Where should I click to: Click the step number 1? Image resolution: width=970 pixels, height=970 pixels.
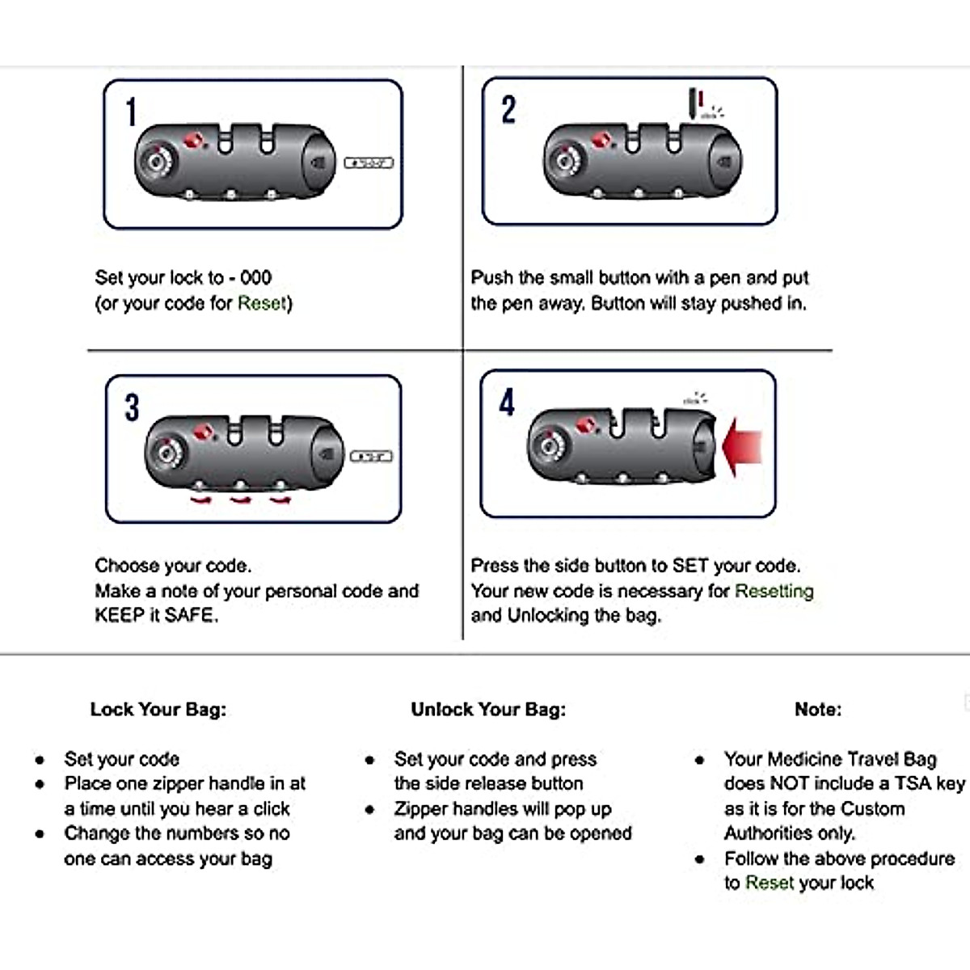click(x=131, y=112)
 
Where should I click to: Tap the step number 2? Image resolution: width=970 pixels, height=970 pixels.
click(x=508, y=110)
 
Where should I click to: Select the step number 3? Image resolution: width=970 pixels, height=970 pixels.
click(x=132, y=407)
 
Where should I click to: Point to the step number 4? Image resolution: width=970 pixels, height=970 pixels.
click(x=507, y=402)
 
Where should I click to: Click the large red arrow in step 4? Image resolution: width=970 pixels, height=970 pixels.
click(x=743, y=447)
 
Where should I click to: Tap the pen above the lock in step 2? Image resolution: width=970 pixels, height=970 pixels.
click(x=694, y=103)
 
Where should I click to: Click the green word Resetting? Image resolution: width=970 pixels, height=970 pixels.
click(x=774, y=591)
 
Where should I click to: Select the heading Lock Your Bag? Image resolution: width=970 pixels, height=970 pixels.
click(x=158, y=710)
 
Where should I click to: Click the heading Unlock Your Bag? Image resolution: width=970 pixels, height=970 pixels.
click(x=488, y=710)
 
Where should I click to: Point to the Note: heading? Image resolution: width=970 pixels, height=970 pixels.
click(x=818, y=710)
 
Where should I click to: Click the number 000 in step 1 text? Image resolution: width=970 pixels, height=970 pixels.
click(x=255, y=278)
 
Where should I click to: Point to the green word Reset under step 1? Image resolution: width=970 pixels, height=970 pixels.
click(x=262, y=303)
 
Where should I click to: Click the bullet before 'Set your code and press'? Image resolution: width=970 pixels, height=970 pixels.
click(x=369, y=760)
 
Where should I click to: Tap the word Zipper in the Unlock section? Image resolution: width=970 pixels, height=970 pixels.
click(x=421, y=808)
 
